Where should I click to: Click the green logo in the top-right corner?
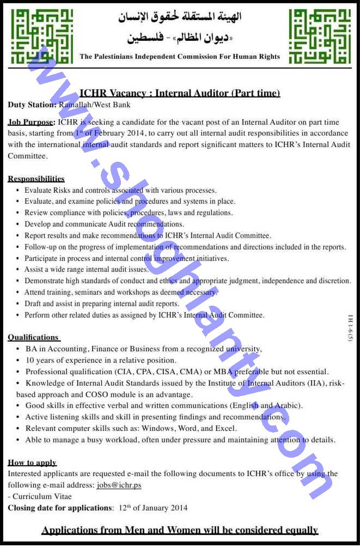click(x=319, y=36)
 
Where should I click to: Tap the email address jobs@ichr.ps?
click(x=119, y=485)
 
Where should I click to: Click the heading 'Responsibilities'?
click(x=36, y=179)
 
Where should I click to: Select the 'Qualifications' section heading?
click(x=33, y=337)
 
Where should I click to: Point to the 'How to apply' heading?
click(x=32, y=463)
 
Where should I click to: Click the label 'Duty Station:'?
click(x=32, y=105)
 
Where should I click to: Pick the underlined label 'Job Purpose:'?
click(x=32, y=122)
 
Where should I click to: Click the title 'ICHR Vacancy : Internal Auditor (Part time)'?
click(x=180, y=93)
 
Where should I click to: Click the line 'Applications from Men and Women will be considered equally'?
click(x=180, y=530)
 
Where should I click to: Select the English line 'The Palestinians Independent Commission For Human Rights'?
click(x=180, y=56)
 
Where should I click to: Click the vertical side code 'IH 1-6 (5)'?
click(x=351, y=327)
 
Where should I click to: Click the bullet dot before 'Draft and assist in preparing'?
click(x=18, y=304)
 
